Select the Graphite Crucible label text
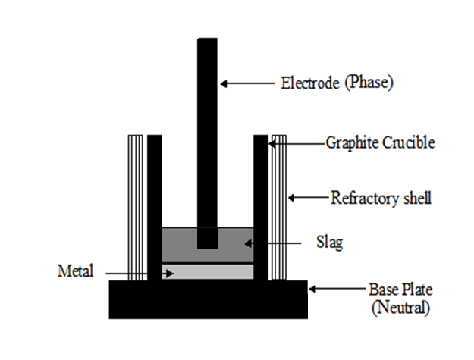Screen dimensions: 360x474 tap(380, 142)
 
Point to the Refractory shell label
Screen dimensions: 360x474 tap(381, 199)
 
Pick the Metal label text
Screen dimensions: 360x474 tap(75, 270)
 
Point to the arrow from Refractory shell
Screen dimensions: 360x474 tap(308, 199)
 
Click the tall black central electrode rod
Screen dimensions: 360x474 tap(207, 136)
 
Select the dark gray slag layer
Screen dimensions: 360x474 tap(178, 244)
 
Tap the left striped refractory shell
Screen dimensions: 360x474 tap(136, 205)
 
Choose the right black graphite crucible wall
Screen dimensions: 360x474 tap(261, 205)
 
